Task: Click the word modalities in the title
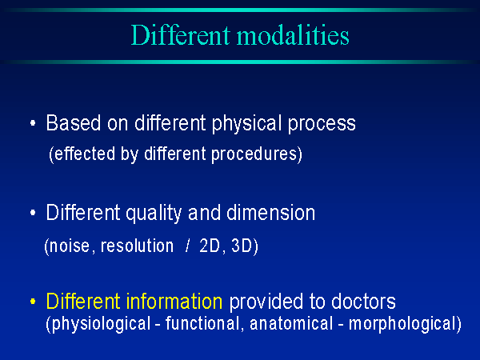click(x=293, y=35)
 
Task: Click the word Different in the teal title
click(x=181, y=35)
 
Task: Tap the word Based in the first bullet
click(x=74, y=123)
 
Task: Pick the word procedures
click(x=254, y=154)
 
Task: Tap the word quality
click(x=154, y=214)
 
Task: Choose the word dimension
click(x=271, y=213)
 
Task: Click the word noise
click(x=70, y=246)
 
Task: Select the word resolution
click(x=137, y=246)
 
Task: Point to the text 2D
click(x=210, y=246)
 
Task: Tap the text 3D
click(x=242, y=246)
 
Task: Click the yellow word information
click(x=174, y=302)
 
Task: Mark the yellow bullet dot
click(x=33, y=302)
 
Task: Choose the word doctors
click(x=363, y=302)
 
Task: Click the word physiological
click(x=102, y=324)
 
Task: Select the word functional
click(x=202, y=323)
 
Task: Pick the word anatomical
click(x=291, y=323)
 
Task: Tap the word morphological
click(x=402, y=324)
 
